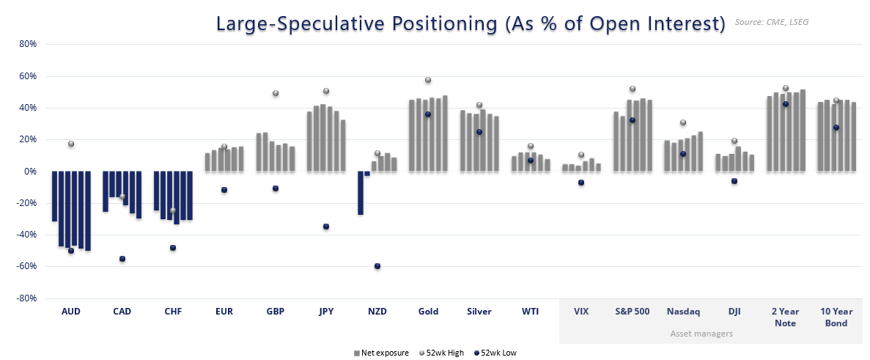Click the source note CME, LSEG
(x=772, y=23)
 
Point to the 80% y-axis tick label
(x=27, y=44)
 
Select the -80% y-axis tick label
(x=26, y=298)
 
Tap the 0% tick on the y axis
(x=30, y=172)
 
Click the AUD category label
(x=71, y=312)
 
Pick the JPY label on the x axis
(x=326, y=312)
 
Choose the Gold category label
(x=428, y=312)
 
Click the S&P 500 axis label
(x=632, y=312)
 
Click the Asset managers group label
(x=701, y=334)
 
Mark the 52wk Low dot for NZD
(x=377, y=266)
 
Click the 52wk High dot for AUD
(x=71, y=144)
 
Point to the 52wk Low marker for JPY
(x=326, y=227)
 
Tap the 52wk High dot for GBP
(x=276, y=93)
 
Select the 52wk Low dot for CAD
(x=122, y=259)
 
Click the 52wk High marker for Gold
(x=428, y=80)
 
